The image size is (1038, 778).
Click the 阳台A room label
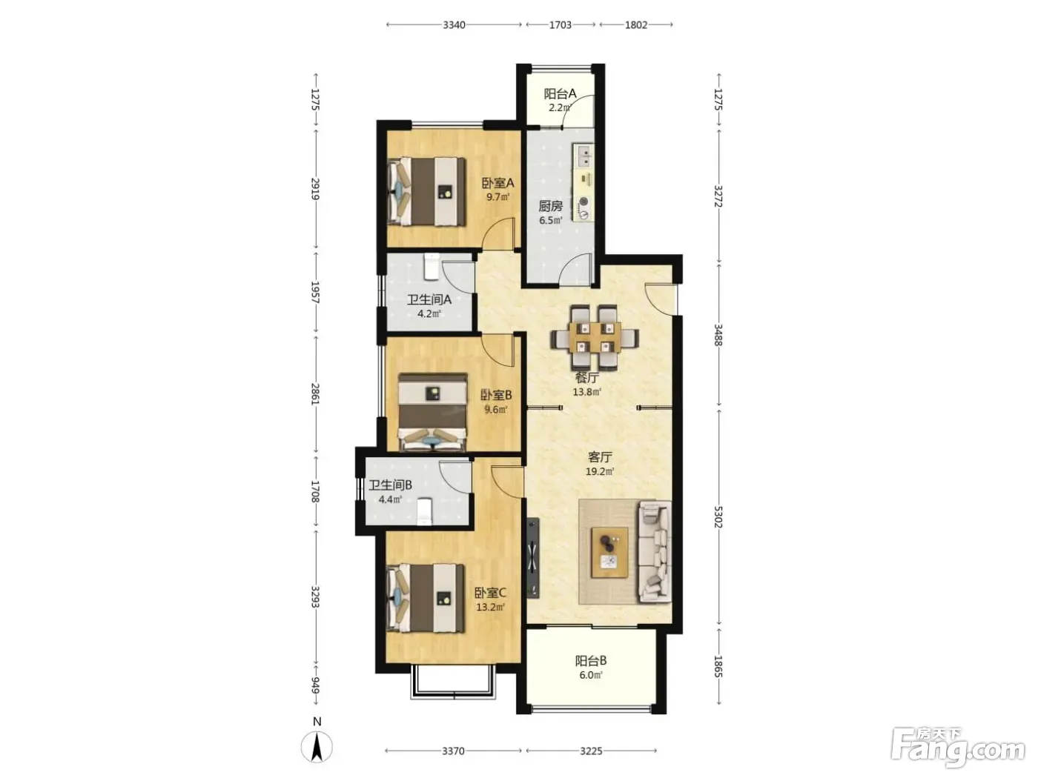click(x=560, y=93)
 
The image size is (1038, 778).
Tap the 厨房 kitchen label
click(x=550, y=207)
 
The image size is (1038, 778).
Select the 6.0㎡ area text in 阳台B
click(x=591, y=675)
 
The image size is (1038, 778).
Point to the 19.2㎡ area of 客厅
click(x=600, y=471)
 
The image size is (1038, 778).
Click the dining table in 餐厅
click(x=595, y=337)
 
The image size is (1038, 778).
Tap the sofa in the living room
click(x=655, y=552)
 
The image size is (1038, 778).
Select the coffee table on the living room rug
click(x=609, y=552)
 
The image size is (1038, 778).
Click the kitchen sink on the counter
click(x=584, y=156)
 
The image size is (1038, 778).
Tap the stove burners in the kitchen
click(x=584, y=208)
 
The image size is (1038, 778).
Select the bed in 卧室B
click(x=433, y=412)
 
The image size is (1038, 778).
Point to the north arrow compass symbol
click(x=317, y=746)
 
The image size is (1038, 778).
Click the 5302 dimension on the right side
click(x=718, y=517)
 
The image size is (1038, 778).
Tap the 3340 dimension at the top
click(x=454, y=24)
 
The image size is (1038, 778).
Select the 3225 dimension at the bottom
click(x=591, y=751)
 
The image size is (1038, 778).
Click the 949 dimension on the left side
click(x=316, y=685)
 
